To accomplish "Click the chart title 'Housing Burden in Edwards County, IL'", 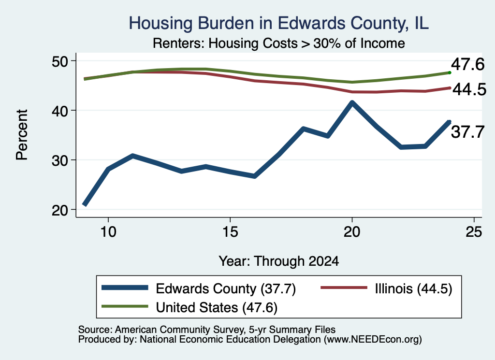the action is click(279, 23).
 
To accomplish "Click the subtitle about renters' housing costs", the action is click(279, 43).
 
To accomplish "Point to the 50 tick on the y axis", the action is click(60, 61).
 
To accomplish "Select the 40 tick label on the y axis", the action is click(60, 111).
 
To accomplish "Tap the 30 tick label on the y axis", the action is click(60, 160).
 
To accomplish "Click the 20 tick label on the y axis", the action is click(60, 210).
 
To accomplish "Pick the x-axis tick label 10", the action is click(108, 232).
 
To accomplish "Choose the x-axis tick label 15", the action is click(230, 232).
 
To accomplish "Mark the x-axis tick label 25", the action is click(474, 232).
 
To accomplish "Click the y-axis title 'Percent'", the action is click(22, 135).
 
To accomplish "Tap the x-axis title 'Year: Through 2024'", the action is click(279, 261).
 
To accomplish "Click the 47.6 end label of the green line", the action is click(467, 64).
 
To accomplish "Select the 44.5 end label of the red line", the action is click(469, 89).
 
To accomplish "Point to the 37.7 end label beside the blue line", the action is click(467, 131).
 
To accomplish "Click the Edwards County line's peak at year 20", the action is click(352, 102).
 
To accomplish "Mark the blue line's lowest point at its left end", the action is click(85, 204).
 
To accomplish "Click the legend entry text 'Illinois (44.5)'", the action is click(414, 288).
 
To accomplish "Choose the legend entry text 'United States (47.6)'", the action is click(217, 307).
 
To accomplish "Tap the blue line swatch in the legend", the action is click(125, 288).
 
